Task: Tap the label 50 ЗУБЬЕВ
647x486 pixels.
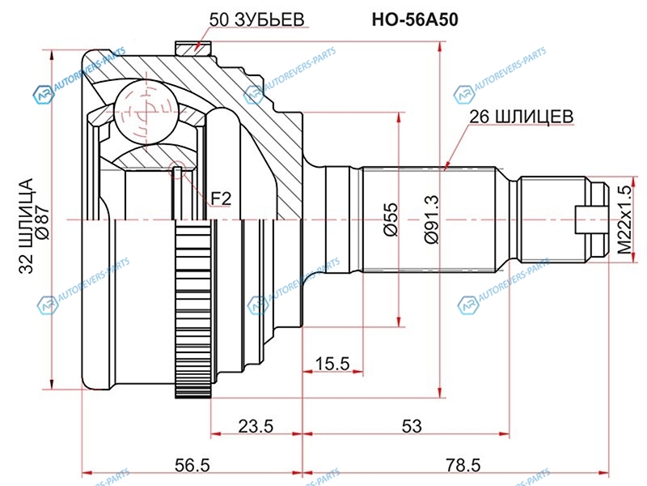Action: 257,20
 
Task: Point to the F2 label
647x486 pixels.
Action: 221,197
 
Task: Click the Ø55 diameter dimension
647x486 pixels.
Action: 391,220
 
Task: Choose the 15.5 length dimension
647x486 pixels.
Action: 332,364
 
